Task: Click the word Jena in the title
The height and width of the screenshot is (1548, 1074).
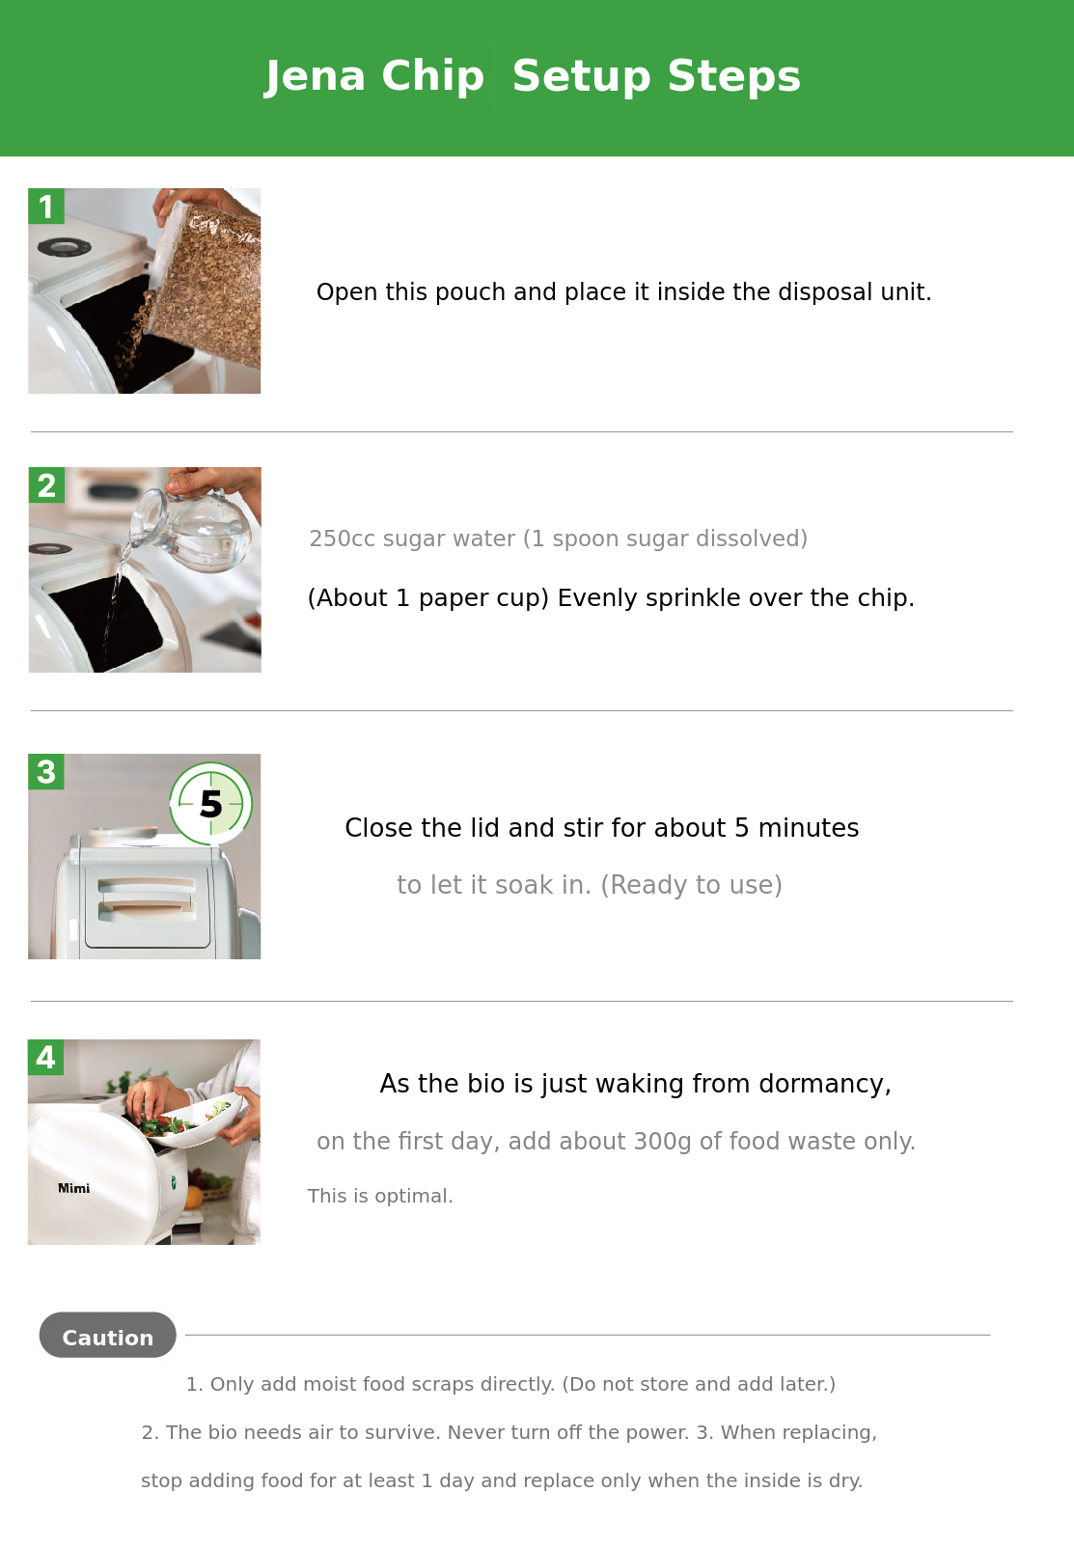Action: pos(315,76)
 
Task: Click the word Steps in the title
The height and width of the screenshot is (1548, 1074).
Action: pos(734,76)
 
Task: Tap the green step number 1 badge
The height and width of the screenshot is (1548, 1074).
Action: pos(46,206)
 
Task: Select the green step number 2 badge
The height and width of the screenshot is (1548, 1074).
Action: pos(46,485)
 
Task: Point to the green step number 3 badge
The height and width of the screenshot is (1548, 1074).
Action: pos(46,771)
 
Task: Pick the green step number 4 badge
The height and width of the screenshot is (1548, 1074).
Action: pos(46,1058)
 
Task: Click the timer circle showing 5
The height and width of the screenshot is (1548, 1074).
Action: pos(210,804)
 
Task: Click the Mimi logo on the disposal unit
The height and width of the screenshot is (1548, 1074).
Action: pos(74,1188)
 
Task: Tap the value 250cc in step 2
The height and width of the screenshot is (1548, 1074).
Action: pos(343,539)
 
